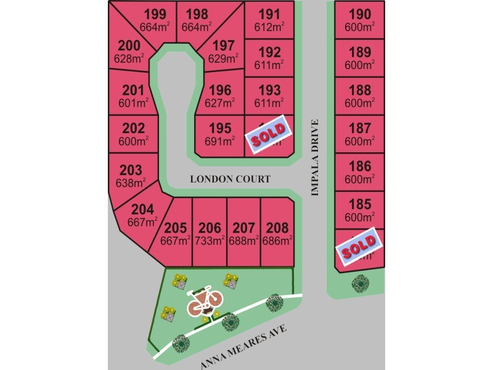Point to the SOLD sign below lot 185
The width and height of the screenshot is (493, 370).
point(359,248)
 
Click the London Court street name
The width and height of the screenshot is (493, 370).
point(230,179)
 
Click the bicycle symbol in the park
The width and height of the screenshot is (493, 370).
point(203,300)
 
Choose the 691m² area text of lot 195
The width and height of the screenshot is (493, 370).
point(220,141)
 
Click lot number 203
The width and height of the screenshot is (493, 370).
point(130,170)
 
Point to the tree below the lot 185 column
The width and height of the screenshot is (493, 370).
point(359,283)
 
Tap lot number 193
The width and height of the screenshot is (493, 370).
point(269,90)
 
